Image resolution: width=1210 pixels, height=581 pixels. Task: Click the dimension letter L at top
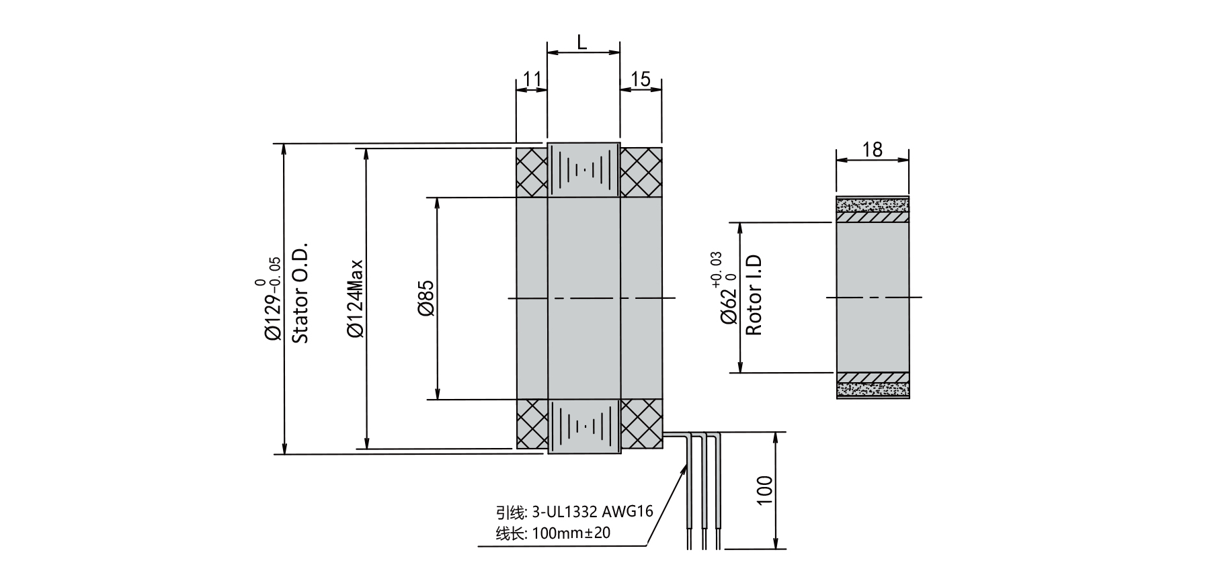click(582, 42)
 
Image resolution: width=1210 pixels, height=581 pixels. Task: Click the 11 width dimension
click(532, 80)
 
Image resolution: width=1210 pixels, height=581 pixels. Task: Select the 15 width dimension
click(641, 80)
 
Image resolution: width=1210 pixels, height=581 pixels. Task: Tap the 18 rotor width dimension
click(872, 149)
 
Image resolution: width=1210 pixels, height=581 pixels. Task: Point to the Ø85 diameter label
click(426, 298)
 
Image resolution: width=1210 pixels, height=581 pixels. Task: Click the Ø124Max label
click(355, 298)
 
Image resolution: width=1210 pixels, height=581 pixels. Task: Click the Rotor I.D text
click(754, 296)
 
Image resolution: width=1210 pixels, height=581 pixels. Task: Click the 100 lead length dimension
click(765, 491)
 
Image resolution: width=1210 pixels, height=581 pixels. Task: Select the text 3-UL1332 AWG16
click(592, 512)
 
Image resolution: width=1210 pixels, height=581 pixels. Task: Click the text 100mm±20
click(571, 534)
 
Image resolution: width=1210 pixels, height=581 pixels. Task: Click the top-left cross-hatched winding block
click(532, 172)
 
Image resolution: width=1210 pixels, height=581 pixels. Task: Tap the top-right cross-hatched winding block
click(641, 172)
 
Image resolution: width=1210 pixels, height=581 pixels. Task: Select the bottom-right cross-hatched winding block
click(641, 424)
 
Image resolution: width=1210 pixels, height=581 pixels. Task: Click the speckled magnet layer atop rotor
click(873, 204)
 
